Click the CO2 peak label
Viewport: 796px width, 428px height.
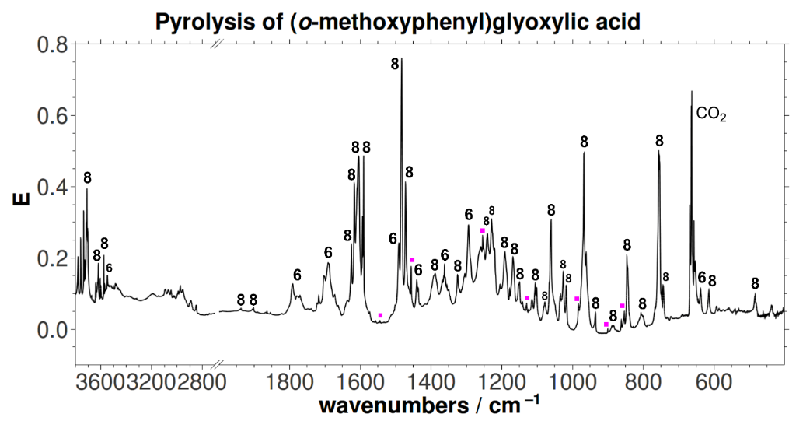pos(711,114)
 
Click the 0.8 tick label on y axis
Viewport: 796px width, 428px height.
pos(52,44)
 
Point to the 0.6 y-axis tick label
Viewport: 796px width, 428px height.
pos(52,115)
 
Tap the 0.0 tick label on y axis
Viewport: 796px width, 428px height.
pos(52,329)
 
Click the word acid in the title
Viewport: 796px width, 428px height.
pos(618,23)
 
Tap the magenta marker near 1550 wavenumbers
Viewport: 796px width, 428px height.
pos(380,315)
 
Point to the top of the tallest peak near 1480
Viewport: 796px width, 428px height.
pos(401,59)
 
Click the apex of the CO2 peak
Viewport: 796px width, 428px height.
pos(691,92)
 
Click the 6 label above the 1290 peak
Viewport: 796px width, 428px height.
pos(469,214)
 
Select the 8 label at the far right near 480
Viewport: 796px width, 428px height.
pos(755,282)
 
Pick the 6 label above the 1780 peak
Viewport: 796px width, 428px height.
pos(297,275)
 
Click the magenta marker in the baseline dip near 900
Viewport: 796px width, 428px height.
pos(606,324)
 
